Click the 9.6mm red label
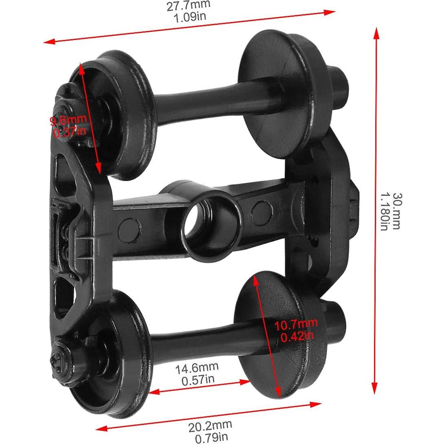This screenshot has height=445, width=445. tap(69, 120)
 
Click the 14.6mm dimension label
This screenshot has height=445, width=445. tap(197, 368)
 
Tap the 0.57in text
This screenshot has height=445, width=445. tap(197, 380)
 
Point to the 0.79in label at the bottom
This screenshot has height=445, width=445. tap(211, 438)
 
